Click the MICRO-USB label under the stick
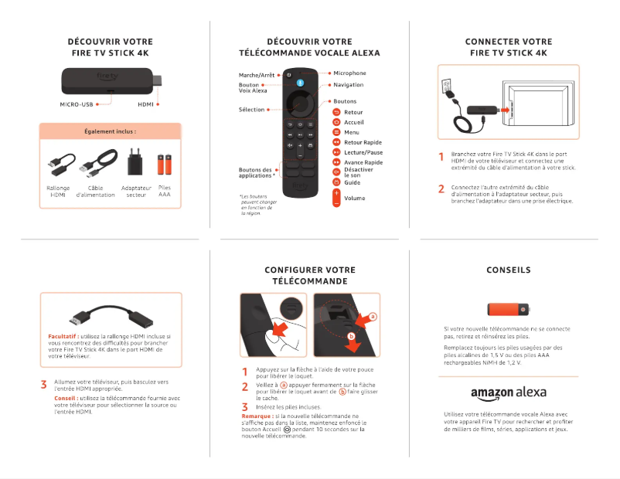77,104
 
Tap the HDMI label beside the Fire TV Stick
146,104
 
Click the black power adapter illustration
135,163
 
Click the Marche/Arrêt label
256,74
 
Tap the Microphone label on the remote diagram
349,73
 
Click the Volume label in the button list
355,198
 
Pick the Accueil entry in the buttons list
353,122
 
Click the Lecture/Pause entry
363,152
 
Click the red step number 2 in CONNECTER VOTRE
441,188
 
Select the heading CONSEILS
508,270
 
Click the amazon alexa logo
508,392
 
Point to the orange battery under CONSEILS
508,310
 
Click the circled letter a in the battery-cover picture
373,317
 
